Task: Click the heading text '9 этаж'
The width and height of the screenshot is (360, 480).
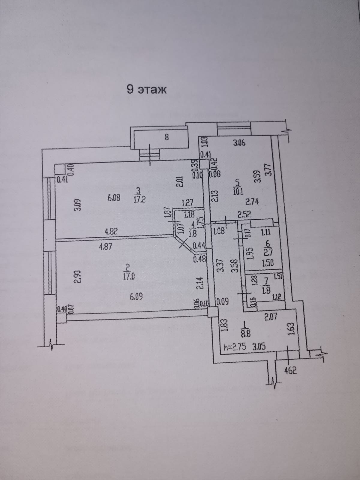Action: tap(147, 89)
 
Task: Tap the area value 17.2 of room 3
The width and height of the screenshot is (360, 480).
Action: tap(139, 199)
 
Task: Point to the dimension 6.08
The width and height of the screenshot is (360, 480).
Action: tap(114, 198)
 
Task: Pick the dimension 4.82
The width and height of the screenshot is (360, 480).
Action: tap(111, 231)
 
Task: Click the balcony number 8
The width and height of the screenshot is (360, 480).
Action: tap(167, 137)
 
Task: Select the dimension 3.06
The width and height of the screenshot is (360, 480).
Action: tap(239, 143)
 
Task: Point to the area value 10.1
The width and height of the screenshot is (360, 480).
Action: tap(239, 191)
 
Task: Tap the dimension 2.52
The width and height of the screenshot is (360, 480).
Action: tap(244, 214)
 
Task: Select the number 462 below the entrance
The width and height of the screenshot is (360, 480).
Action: tap(290, 371)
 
